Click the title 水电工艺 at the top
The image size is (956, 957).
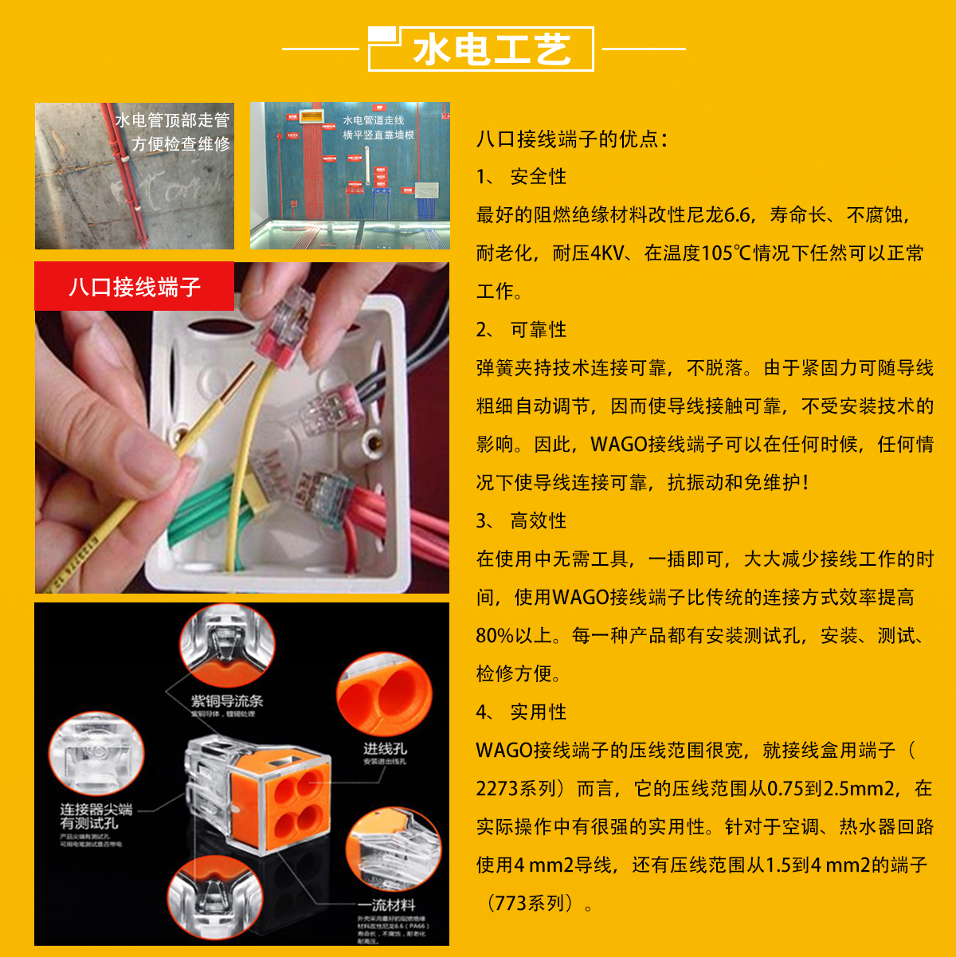[x=492, y=49]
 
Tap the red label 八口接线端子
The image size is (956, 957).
[x=134, y=287]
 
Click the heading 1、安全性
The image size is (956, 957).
[x=522, y=177]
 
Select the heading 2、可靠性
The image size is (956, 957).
[x=522, y=330]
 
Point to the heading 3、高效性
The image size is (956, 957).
[x=522, y=521]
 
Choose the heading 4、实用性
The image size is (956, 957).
[x=522, y=712]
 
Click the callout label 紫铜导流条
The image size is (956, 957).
[x=226, y=701]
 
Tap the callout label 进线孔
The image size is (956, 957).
[x=386, y=749]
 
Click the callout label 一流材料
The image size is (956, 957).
[x=386, y=905]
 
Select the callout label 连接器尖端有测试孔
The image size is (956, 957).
[x=95, y=817]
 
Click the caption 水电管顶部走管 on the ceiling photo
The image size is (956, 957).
[x=172, y=120]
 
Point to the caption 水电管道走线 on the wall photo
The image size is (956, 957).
[x=374, y=120]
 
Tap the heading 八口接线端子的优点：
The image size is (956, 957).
[x=571, y=139]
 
